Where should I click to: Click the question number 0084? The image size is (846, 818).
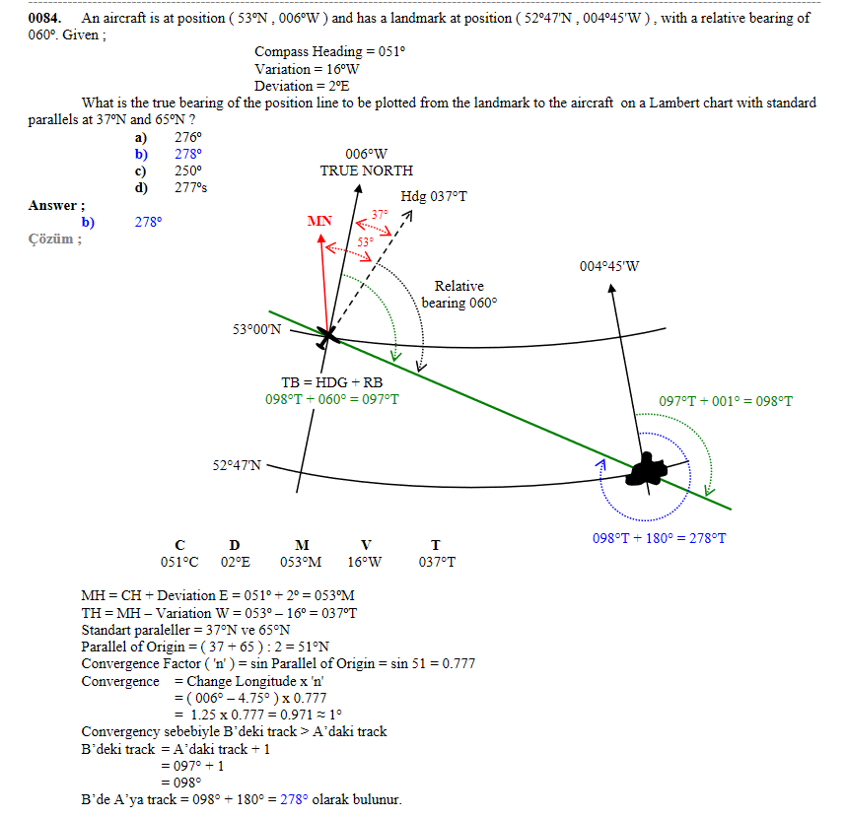(44, 18)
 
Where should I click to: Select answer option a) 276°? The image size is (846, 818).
(169, 137)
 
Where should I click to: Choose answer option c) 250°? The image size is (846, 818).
(169, 170)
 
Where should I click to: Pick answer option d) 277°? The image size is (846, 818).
(171, 187)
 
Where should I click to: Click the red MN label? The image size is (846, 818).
(319, 221)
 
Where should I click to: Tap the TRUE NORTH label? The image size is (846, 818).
(367, 170)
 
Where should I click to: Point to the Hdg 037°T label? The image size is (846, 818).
(434, 196)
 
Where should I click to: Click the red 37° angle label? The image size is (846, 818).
(380, 215)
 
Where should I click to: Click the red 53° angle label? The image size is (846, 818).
(365, 242)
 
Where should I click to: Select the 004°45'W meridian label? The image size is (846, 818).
(609, 266)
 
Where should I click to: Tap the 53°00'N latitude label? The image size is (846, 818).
(256, 329)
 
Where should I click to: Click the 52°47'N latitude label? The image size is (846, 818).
(237, 465)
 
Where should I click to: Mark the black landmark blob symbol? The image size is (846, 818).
(646, 470)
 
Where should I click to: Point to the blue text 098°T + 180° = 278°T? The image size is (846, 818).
(659, 538)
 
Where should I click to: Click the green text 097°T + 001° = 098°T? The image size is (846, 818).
(726, 401)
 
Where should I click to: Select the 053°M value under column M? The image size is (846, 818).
(301, 562)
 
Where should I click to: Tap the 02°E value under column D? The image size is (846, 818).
(236, 562)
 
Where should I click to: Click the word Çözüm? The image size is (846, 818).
(50, 239)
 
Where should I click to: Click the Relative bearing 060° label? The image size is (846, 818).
(459, 294)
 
